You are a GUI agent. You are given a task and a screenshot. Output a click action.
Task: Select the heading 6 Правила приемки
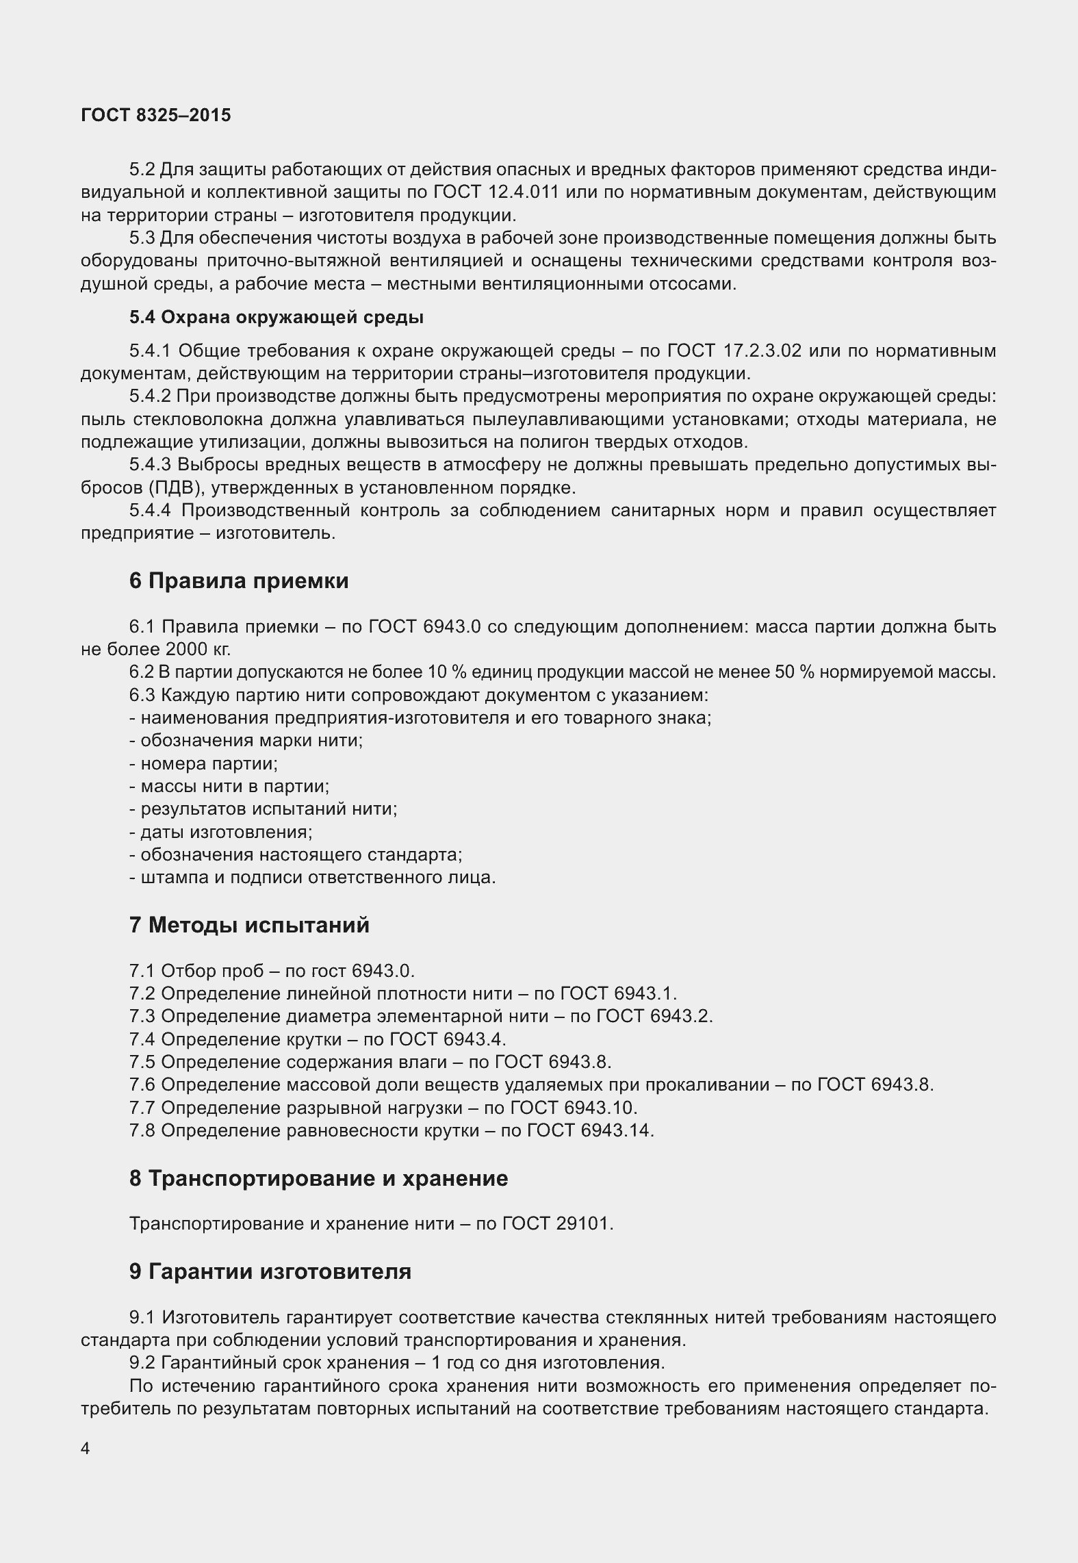tap(238, 581)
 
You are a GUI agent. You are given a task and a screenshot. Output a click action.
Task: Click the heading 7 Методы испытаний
tap(248, 925)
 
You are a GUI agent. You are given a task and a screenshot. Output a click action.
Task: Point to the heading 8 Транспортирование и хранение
tap(318, 1178)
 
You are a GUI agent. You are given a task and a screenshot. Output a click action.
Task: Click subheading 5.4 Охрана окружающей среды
tap(276, 318)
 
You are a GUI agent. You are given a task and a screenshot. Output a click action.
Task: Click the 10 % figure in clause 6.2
tap(440, 672)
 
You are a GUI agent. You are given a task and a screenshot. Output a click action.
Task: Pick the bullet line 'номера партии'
tap(203, 763)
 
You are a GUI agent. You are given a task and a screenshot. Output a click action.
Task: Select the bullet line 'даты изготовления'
tap(220, 832)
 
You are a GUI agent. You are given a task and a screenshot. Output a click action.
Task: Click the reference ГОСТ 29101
tap(557, 1223)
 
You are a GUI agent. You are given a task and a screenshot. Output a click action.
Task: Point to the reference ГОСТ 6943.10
tap(574, 1107)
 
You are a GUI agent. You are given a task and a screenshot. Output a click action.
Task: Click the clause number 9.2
tap(142, 1362)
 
